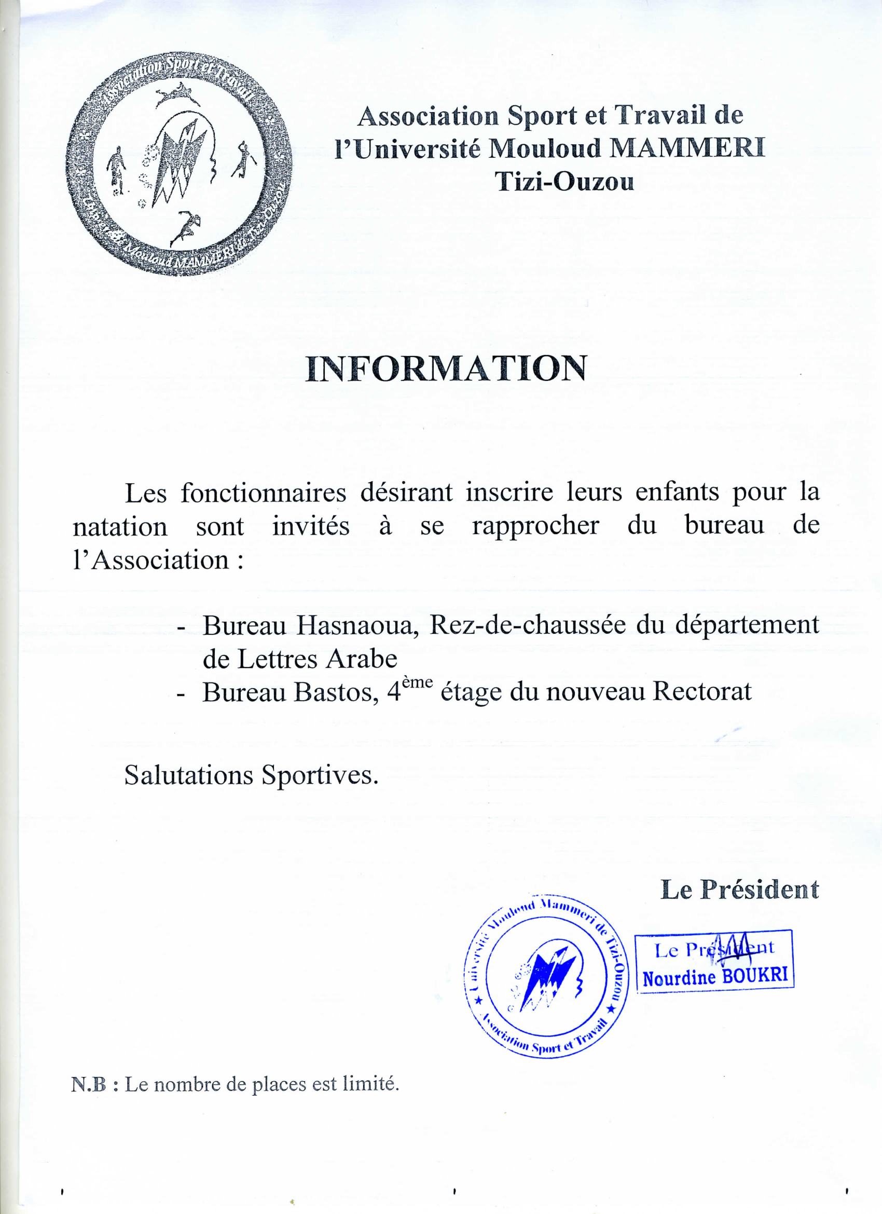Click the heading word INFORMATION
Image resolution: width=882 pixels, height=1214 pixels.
446,369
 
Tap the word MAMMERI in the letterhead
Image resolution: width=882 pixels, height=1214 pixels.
688,149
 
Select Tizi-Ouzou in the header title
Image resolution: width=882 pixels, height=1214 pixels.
564,182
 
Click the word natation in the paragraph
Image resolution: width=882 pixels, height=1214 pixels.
120,527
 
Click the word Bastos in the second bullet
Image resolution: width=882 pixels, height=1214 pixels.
336,692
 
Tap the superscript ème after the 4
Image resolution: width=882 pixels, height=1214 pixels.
417,682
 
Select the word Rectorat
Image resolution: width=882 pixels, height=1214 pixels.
701,691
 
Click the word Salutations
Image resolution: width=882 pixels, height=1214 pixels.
188,774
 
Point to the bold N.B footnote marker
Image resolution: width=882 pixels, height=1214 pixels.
89,1084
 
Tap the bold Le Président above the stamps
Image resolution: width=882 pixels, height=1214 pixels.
739,890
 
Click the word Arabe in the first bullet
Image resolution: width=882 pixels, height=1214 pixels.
362,659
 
